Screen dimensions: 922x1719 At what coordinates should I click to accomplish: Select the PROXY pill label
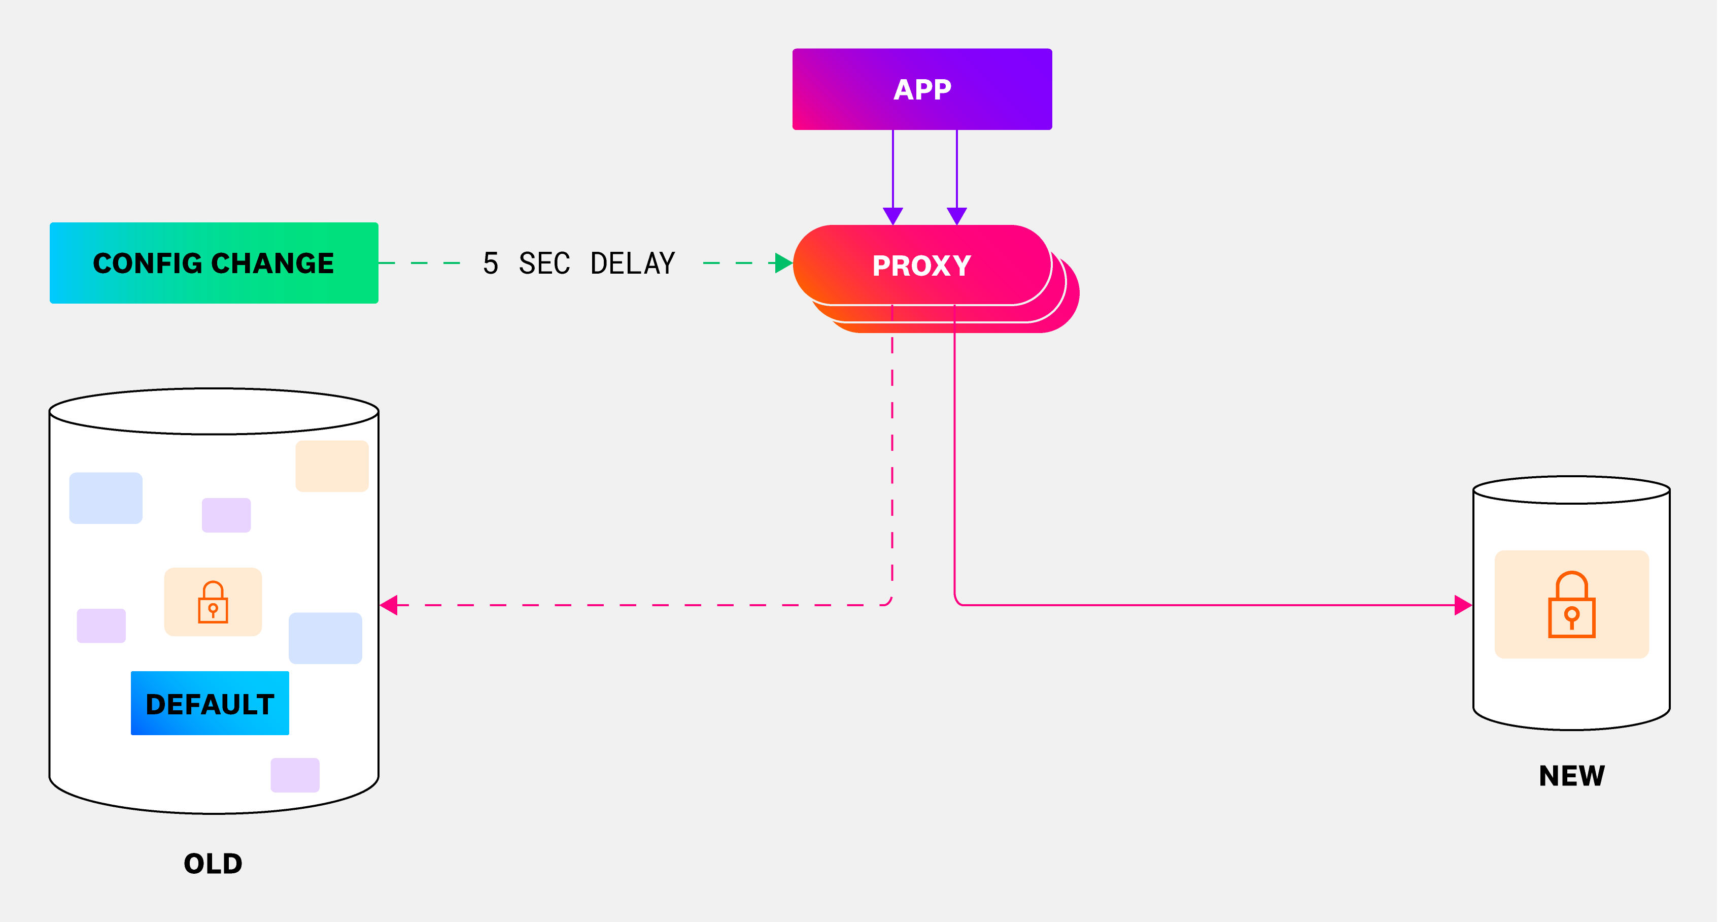921,266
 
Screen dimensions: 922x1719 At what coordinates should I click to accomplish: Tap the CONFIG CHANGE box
214,263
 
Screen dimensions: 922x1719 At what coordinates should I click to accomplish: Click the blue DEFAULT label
210,704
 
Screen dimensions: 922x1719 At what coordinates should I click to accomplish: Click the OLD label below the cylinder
213,863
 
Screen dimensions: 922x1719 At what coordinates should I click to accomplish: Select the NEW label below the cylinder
1571,776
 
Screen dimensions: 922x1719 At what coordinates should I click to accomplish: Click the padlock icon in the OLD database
213,602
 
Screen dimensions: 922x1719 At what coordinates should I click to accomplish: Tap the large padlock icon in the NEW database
1571,605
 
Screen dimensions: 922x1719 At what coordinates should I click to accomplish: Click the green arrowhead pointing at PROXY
783,263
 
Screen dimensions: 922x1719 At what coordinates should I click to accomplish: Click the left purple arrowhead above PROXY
893,216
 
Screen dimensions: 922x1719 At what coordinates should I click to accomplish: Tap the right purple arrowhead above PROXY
957,216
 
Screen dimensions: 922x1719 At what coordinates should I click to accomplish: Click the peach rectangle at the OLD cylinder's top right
332,466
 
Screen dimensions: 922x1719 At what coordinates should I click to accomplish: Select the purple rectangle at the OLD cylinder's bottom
295,775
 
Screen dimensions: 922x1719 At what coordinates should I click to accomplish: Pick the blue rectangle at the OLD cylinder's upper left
106,498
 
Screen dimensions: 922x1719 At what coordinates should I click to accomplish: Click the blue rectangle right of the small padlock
325,638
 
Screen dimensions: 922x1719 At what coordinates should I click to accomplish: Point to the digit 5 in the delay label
491,264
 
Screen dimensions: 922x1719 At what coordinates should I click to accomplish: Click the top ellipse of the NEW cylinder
1571,489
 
